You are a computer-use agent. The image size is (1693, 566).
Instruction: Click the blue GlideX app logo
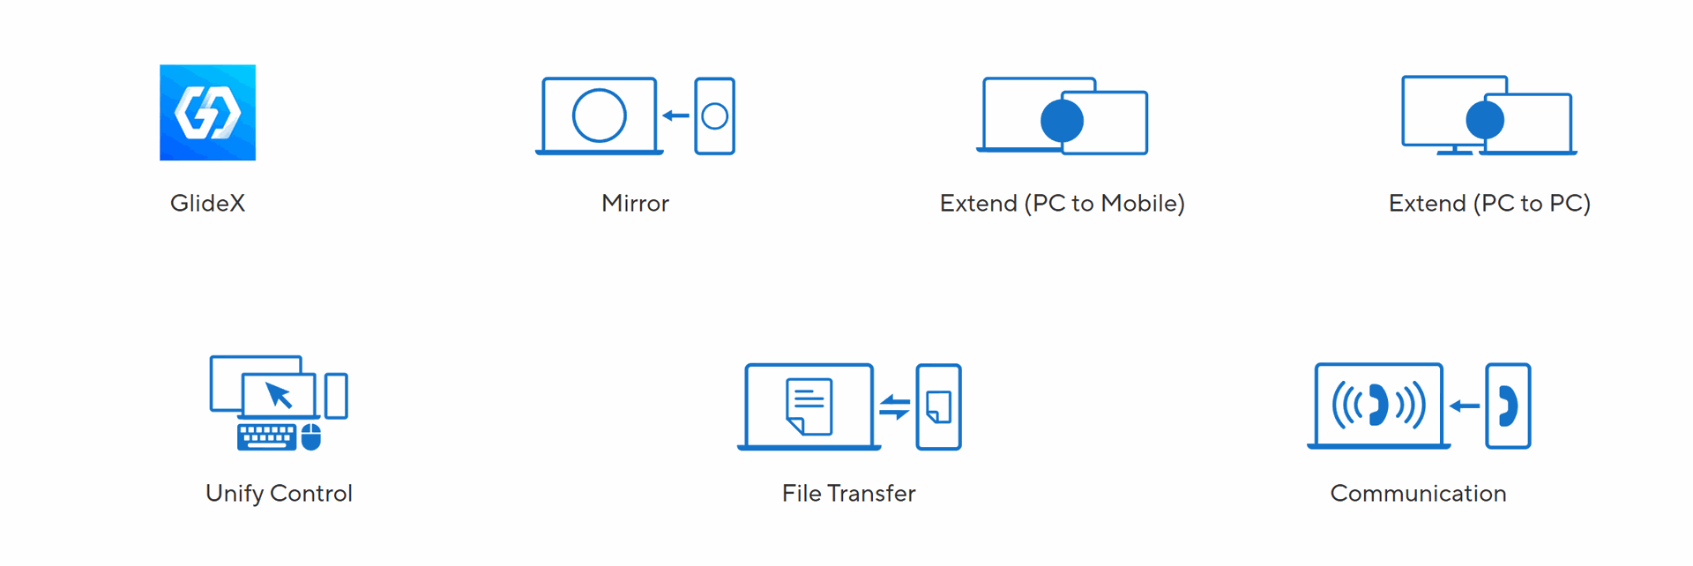(207, 112)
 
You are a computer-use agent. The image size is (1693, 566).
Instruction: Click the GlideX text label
(207, 204)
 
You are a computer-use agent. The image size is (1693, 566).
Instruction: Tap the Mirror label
(635, 204)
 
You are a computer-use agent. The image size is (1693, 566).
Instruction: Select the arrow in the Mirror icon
(675, 115)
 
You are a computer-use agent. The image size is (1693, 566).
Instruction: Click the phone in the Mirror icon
(714, 116)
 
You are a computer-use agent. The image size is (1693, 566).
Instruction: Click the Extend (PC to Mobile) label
(1062, 204)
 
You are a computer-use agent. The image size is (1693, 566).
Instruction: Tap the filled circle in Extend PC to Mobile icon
(1062, 121)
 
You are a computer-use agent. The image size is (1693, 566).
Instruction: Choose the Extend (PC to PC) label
(1489, 204)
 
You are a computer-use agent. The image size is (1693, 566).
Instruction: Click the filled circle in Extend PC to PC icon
(1485, 120)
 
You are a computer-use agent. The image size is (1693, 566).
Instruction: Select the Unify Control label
(279, 494)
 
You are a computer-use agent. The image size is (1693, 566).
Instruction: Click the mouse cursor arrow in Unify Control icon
(279, 395)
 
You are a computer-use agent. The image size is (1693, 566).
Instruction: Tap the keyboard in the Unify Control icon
(267, 436)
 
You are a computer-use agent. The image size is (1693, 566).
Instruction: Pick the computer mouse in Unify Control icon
(311, 436)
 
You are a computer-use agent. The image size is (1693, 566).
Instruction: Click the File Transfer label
(848, 494)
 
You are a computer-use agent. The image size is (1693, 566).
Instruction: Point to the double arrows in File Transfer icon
(894, 407)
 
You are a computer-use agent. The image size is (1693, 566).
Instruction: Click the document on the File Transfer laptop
(809, 406)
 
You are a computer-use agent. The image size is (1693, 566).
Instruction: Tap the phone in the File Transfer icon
(938, 406)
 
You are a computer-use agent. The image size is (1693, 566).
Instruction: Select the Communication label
(1418, 494)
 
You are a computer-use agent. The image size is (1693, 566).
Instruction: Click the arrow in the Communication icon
(1465, 406)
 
